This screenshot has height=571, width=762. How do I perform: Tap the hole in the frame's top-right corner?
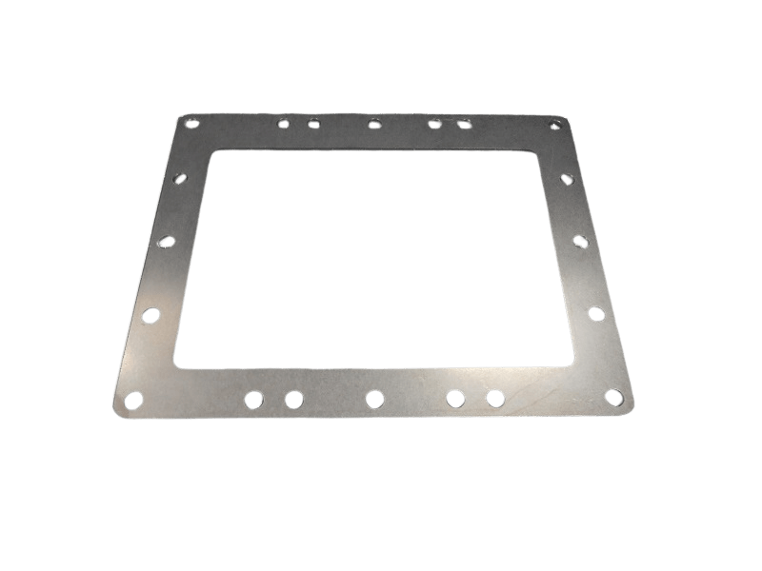[555, 123]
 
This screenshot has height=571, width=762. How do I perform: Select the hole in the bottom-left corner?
[133, 399]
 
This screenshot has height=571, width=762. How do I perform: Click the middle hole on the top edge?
[374, 123]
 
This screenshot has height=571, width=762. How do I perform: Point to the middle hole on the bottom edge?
[374, 399]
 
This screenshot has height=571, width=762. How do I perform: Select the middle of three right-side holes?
[580, 242]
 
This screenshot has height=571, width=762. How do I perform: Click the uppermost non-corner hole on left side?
[181, 178]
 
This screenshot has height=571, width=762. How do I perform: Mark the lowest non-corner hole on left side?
[150, 314]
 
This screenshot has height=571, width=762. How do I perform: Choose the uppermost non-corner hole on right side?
[567, 178]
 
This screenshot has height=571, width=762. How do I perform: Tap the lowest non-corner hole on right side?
[596, 313]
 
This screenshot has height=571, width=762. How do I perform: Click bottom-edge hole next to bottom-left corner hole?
[253, 399]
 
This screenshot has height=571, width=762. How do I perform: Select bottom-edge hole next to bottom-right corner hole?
[495, 398]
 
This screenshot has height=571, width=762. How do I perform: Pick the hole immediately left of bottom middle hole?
[293, 399]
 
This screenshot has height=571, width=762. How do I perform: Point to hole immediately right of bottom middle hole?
[455, 398]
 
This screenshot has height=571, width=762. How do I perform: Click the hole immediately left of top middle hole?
[313, 123]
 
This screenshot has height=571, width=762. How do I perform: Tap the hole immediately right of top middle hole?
[434, 123]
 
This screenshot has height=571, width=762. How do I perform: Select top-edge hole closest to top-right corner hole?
[465, 124]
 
